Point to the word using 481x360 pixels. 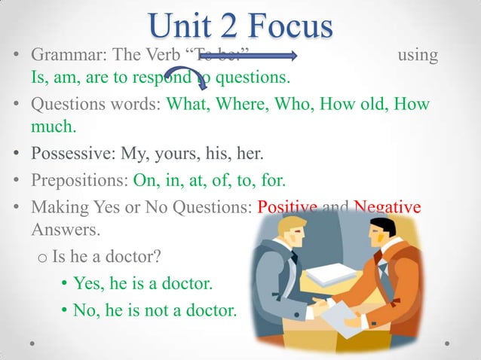coord(417,56)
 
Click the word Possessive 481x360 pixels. coord(69,154)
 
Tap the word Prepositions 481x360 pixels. coord(75,181)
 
